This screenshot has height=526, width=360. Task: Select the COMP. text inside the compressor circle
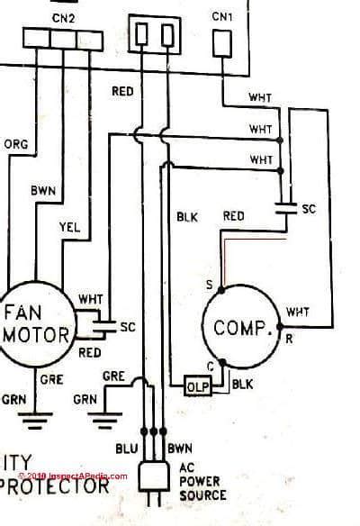tap(243, 328)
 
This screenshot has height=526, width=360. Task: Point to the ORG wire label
tap(16, 144)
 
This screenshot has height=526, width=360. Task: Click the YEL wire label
tap(68, 228)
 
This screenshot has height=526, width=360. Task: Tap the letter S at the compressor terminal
tap(209, 286)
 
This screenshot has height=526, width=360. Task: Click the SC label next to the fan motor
tap(127, 327)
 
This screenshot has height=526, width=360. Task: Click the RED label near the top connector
tap(122, 91)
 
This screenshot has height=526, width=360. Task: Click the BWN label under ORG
tap(42, 191)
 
